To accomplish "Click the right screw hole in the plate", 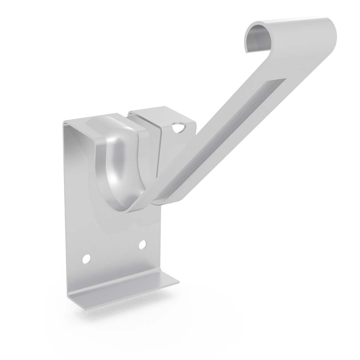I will click(x=143, y=244).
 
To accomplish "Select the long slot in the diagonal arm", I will click(x=225, y=136).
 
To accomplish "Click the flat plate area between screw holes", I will click(x=114, y=252).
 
